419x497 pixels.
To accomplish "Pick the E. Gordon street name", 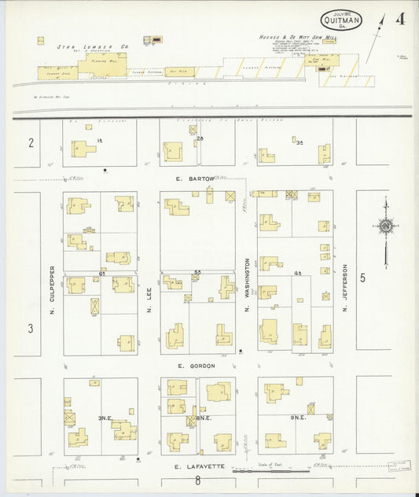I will (196, 366).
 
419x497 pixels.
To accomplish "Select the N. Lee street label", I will (149, 299).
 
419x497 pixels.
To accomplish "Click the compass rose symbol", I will (385, 226).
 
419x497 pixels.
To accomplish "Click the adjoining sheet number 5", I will (363, 277).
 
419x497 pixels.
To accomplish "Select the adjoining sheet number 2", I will (31, 142).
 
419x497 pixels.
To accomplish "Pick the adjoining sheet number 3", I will (31, 328).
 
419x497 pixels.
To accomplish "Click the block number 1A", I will (100, 140).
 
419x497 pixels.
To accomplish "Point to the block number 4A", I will (297, 272).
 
